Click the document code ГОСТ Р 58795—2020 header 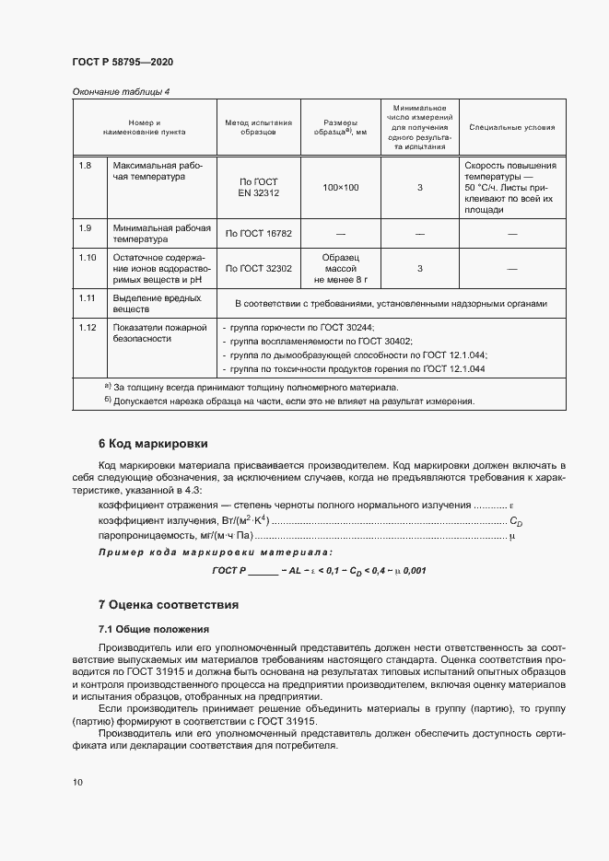click(122, 62)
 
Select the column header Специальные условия click(512, 127)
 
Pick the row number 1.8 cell click(86, 166)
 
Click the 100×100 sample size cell click(341, 188)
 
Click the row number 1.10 click(88, 258)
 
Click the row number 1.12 click(88, 328)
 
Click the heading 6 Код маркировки click(153, 444)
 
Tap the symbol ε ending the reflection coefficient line click(512, 506)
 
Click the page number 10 click(77, 782)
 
